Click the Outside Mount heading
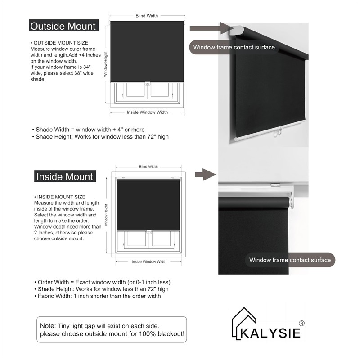coord(63,26)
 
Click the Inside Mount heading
coord(65,176)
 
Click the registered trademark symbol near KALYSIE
coord(302,323)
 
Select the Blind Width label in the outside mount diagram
coord(147,16)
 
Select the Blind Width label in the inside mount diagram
coord(148,167)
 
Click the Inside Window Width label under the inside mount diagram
coord(148,261)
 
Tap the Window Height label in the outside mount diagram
coord(106,63)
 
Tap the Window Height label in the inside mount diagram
coord(106,215)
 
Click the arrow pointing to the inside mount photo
coord(207,174)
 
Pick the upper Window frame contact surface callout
coord(234,47)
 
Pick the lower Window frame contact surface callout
coord(290,260)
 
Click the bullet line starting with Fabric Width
coord(97,296)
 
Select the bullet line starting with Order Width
coord(102,282)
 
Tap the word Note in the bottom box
coord(47,325)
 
